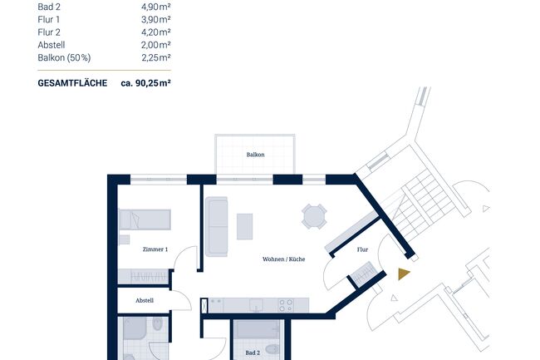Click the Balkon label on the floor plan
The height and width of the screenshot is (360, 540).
[255, 155]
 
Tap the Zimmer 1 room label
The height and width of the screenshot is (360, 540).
[155, 249]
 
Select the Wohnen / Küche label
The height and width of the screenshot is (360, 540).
[283, 259]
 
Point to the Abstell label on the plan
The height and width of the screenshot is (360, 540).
[145, 300]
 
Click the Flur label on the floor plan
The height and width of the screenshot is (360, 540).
[362, 249]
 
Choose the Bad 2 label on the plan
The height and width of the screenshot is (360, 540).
[253, 353]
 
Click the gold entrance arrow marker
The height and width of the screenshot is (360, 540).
[404, 274]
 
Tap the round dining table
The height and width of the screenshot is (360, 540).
[314, 216]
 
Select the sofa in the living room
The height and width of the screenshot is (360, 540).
[217, 226]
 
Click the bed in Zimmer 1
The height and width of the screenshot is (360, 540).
[145, 219]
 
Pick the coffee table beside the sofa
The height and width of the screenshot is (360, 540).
[244, 226]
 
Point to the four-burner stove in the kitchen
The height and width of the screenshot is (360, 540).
[287, 304]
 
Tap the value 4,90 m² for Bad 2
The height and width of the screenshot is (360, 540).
[156, 7]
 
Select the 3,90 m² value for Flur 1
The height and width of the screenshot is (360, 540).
[156, 19]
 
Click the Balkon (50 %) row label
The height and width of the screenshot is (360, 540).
[63, 57]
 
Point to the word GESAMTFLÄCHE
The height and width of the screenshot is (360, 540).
[72, 83]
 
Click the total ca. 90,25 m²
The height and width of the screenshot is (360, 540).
[145, 83]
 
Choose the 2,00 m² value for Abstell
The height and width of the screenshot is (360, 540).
[156, 45]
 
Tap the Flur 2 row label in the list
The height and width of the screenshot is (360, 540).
[50, 32]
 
